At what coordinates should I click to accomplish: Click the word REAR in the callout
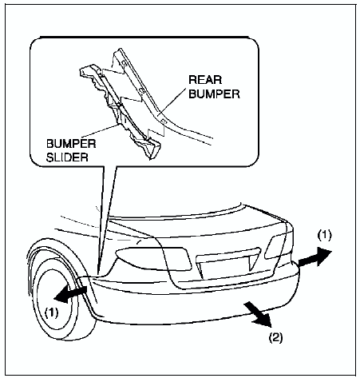pos(205,80)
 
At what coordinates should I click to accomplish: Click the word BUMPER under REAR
pos(214,94)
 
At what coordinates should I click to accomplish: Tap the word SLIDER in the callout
pos(67,157)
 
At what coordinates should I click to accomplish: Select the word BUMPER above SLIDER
pos(71,144)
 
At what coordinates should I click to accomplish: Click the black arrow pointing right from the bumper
pos(315,257)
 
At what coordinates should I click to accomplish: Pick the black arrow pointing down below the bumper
pos(259,314)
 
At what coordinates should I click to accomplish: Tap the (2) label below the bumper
pos(275,338)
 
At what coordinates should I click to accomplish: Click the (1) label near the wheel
pos(51,312)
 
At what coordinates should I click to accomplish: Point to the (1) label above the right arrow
pos(324,236)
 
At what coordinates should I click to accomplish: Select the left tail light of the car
pos(153,258)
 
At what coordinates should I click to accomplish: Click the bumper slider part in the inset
pos(120,112)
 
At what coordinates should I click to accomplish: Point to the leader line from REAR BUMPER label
pos(172,102)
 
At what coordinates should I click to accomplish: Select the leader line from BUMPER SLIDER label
pos(100,130)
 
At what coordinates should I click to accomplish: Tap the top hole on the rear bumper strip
pos(124,62)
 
